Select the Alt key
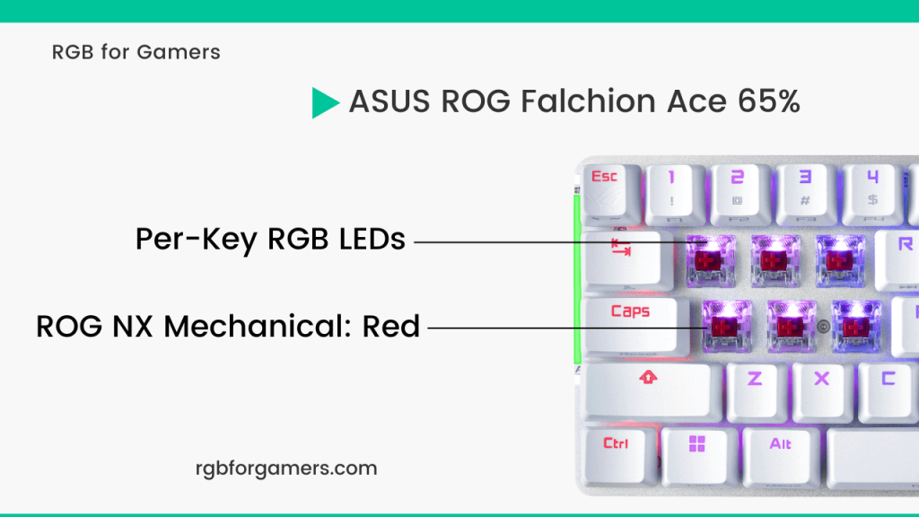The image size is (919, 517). point(780,450)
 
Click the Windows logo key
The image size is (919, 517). point(697,450)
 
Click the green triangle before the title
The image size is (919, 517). point(324,102)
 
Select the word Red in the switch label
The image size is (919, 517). point(391,326)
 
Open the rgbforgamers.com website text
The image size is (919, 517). point(286,468)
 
